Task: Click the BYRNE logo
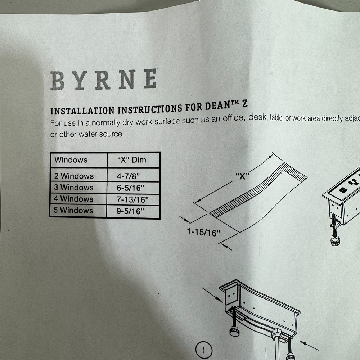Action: click(103, 80)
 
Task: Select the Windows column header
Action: click(71, 159)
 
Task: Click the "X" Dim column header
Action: click(132, 159)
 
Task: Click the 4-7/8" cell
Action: click(128, 176)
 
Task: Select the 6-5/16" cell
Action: click(130, 188)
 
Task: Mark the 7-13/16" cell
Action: click(132, 199)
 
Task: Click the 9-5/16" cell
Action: click(130, 211)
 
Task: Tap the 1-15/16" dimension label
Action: click(203, 233)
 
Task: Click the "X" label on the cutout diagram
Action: click(242, 176)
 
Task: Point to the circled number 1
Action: click(204, 350)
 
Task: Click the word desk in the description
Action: click(254, 118)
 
